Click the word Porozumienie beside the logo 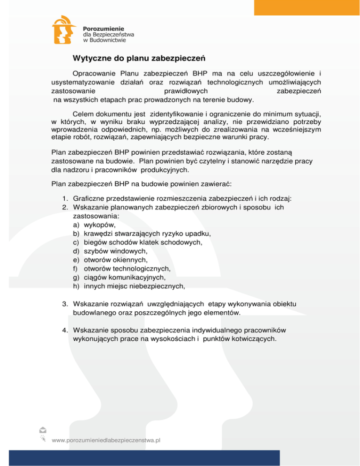(x=101, y=29)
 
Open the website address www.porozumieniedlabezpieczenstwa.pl (x=106, y=441)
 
